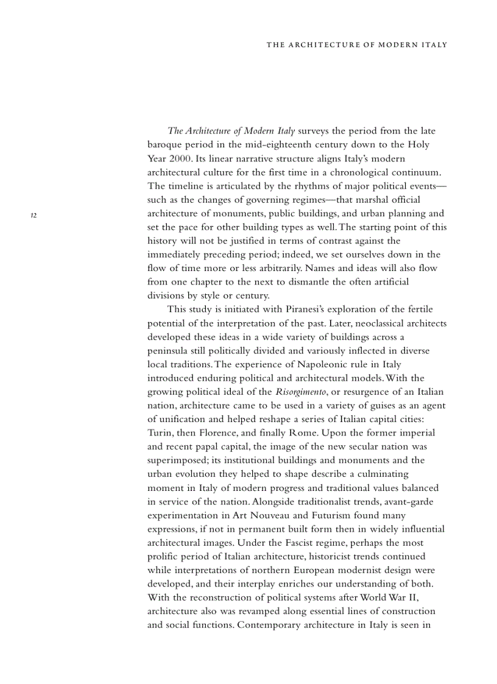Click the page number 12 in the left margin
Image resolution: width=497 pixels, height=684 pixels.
click(x=34, y=214)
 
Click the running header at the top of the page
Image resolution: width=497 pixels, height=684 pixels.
click(x=356, y=45)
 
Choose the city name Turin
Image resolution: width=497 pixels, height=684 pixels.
click(x=161, y=433)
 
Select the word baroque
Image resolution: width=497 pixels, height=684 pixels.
click(x=166, y=145)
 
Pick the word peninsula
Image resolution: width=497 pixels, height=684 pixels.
click(x=169, y=351)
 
